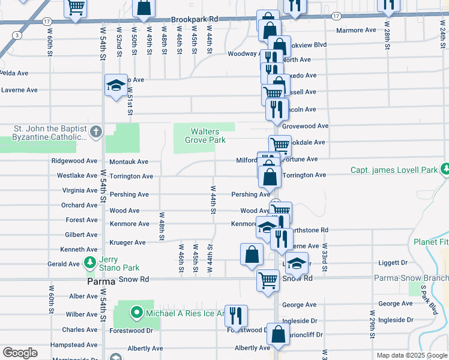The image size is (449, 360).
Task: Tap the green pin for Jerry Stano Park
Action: tap(89, 262)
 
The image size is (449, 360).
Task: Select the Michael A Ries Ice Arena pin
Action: tap(136, 312)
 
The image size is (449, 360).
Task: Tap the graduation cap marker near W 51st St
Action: tap(116, 85)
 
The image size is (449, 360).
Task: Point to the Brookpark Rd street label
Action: tap(194, 19)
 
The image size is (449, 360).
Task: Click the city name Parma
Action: tap(84, 280)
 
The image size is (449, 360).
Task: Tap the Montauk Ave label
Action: tap(128, 161)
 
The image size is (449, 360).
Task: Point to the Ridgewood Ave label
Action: tap(74, 161)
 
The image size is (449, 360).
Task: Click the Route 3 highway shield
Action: tap(18, 35)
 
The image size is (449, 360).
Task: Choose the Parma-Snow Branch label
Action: tap(411, 278)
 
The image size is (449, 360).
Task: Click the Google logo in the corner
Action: tap(20, 353)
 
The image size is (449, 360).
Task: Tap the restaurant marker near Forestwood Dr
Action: tap(236, 316)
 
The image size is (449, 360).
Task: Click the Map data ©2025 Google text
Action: tap(411, 355)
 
